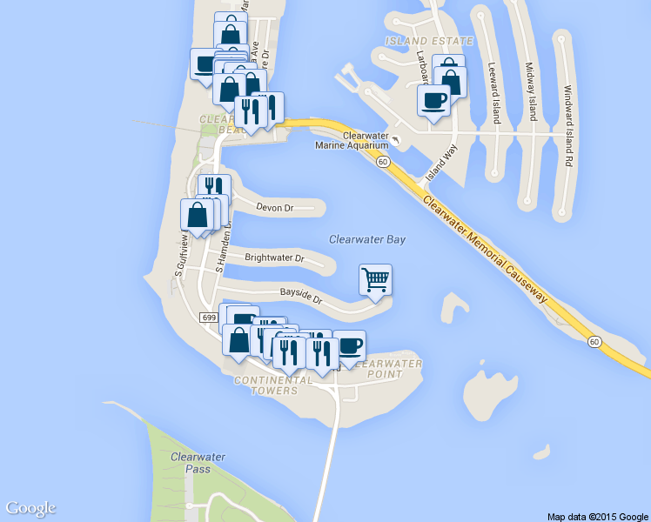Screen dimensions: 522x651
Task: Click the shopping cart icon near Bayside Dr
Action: click(375, 280)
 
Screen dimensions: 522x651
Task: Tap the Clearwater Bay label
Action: click(367, 239)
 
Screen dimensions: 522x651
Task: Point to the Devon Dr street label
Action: click(277, 207)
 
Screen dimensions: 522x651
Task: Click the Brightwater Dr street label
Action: click(274, 258)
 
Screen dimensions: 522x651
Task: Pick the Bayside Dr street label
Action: click(300, 296)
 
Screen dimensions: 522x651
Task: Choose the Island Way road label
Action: click(440, 164)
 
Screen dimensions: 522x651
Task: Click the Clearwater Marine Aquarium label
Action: click(352, 140)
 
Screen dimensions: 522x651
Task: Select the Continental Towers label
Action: click(274, 385)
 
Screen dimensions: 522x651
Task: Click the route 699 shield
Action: click(208, 318)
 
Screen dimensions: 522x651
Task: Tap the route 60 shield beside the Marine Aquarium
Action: click(383, 162)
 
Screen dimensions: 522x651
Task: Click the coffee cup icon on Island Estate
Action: click(434, 100)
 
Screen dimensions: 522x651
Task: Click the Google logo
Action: click(30, 508)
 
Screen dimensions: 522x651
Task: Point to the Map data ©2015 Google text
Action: click(597, 517)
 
